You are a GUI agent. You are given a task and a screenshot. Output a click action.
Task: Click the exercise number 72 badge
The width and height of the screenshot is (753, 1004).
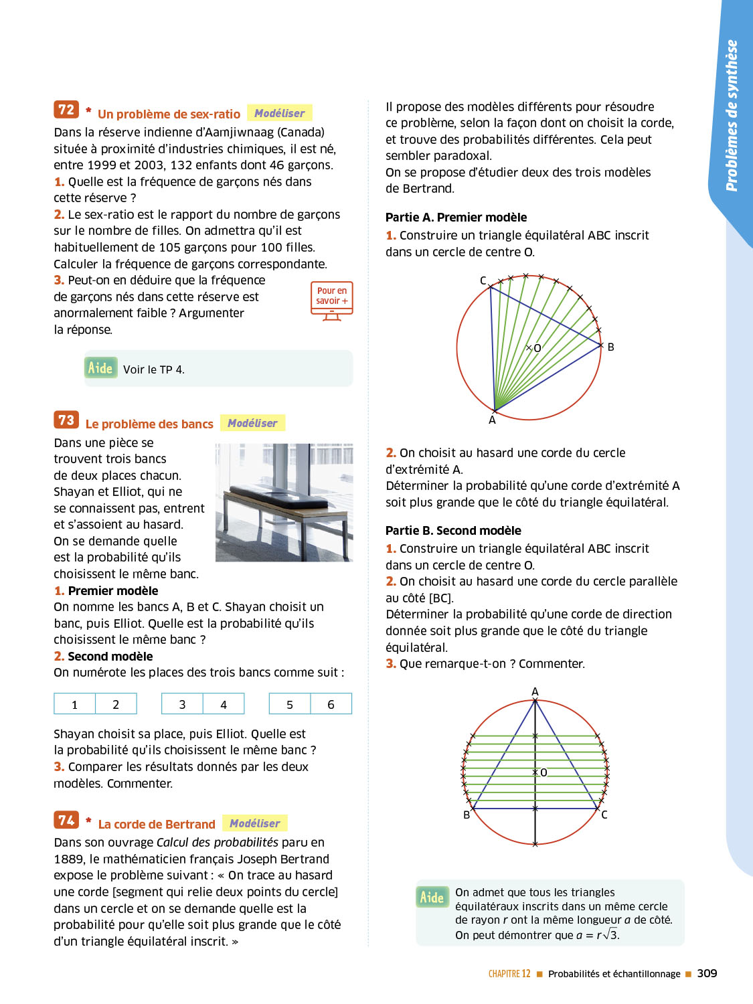66,110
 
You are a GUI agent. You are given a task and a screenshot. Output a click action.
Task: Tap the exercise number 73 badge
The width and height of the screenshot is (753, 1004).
66,420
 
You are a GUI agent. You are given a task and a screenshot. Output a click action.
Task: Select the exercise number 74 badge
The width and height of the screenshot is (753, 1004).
66,820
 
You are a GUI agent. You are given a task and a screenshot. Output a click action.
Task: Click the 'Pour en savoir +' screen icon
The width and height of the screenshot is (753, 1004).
331,301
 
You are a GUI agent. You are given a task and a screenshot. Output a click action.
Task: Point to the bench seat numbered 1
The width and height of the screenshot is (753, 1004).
75,704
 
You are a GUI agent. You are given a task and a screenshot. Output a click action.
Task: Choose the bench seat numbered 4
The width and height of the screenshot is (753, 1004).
224,704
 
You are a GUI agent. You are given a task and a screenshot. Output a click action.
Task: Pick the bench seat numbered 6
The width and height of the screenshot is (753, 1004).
331,704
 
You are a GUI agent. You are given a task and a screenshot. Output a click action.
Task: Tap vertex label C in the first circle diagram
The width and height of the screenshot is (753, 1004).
483,280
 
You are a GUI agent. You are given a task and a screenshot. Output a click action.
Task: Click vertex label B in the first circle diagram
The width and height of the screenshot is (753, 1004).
610,347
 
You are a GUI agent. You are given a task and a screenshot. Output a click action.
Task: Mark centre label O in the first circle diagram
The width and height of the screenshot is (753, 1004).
537,348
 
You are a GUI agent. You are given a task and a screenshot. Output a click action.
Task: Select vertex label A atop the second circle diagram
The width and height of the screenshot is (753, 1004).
535,691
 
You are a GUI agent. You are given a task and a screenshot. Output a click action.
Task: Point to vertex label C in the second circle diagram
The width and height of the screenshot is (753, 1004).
604,815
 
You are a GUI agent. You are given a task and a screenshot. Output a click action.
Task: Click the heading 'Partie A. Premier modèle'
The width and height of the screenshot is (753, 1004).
456,218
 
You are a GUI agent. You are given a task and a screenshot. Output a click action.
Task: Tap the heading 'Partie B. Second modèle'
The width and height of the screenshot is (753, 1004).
453,531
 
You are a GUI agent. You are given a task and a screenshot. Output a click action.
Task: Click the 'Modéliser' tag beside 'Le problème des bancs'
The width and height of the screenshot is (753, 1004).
252,423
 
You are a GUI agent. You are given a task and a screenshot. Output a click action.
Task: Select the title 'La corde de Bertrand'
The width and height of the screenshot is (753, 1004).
157,825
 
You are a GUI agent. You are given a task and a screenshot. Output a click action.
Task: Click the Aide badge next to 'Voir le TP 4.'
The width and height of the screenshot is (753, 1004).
100,368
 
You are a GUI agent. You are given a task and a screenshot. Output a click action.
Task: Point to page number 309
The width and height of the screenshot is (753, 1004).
707,973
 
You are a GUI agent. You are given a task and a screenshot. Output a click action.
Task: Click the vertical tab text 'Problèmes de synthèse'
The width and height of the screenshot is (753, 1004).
732,115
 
